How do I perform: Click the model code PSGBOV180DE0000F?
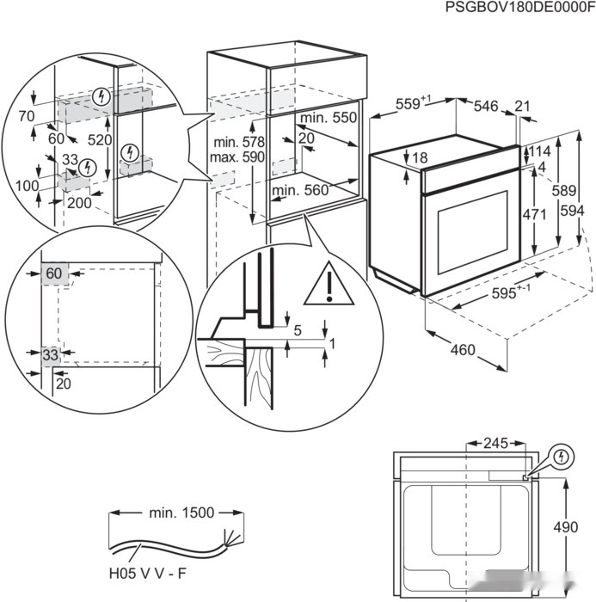tap(519, 8)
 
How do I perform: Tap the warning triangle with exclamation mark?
tap(328, 283)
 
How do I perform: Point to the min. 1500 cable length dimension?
tap(181, 513)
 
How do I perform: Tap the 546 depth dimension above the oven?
tap(486, 106)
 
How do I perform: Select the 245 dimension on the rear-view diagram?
tap(496, 445)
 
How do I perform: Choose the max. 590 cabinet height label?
tap(239, 158)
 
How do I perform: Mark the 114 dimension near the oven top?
tap(538, 151)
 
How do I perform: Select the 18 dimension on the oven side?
tap(419, 158)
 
